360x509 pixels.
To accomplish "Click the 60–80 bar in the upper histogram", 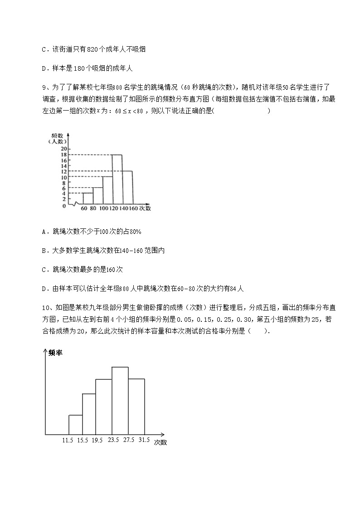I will [88, 199].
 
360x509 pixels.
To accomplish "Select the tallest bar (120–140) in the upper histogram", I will [117, 179].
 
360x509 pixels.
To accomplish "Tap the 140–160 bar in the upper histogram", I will [127, 187].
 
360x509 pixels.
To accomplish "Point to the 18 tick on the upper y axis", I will [64, 155].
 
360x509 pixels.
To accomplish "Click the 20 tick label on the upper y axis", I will [64, 149].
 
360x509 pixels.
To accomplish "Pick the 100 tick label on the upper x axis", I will [103, 208].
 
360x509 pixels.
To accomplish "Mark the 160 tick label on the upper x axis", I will [133, 208].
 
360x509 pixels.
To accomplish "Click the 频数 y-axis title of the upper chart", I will [57, 135].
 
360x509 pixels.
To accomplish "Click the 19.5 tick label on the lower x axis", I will [97, 440].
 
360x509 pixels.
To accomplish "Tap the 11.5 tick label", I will [68, 440].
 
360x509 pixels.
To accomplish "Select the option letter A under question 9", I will [44, 232].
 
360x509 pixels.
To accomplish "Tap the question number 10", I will [44, 307].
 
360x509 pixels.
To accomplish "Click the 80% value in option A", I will [135, 232].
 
